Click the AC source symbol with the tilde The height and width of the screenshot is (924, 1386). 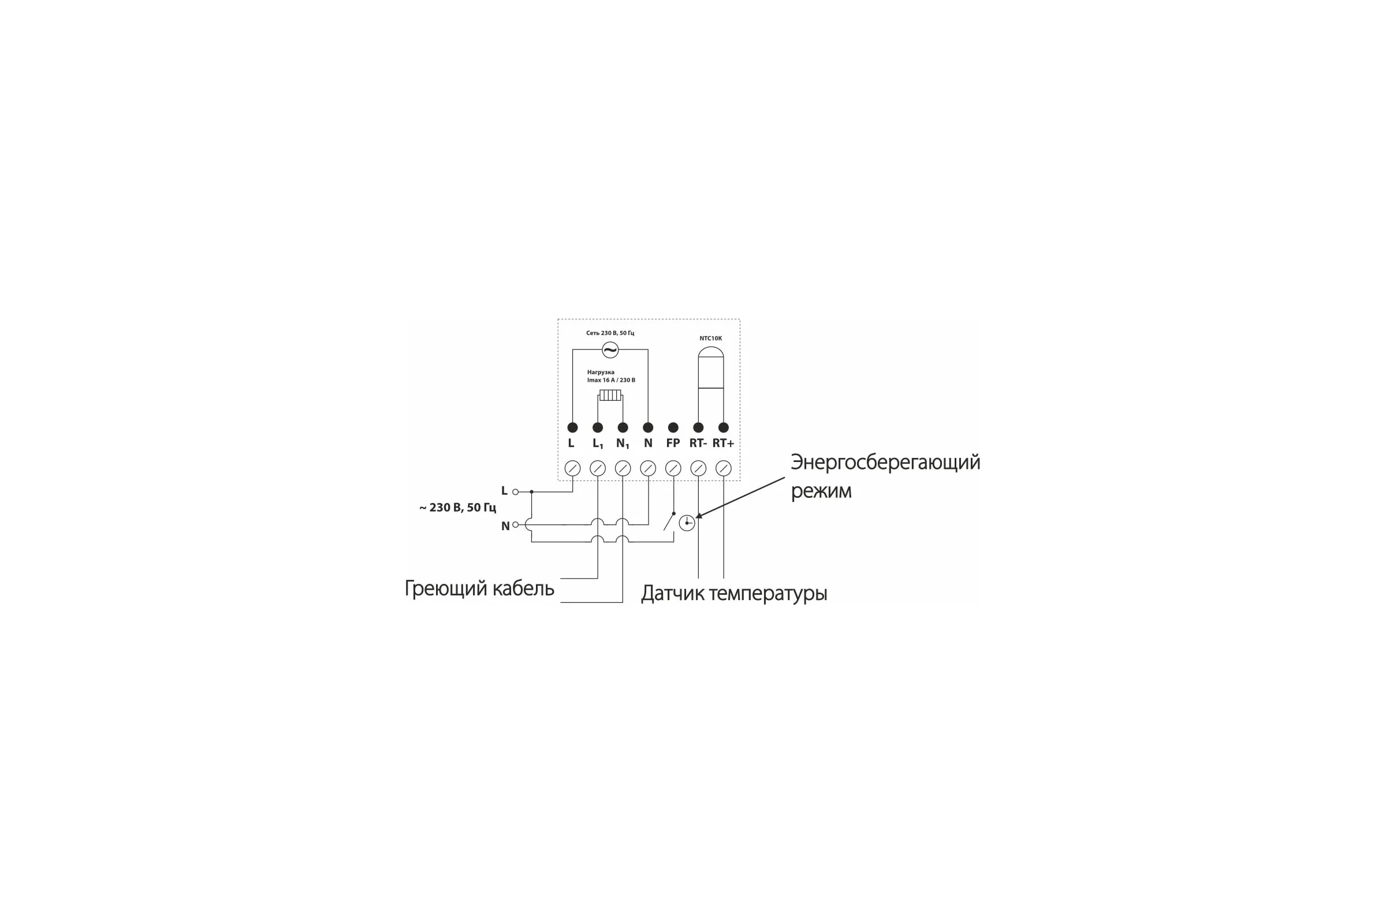click(x=610, y=349)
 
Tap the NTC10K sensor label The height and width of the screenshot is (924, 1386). click(x=710, y=338)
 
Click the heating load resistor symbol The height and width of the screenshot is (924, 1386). click(x=610, y=395)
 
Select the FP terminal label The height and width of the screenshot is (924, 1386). click(x=672, y=443)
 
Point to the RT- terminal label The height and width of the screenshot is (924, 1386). click(x=698, y=443)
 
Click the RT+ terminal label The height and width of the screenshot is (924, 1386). click(x=723, y=443)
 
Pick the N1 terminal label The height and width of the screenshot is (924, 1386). click(x=623, y=444)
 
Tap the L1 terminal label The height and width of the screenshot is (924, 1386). click(x=598, y=444)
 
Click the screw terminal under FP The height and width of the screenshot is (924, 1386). click(x=673, y=468)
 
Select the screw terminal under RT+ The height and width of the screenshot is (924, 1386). click(x=724, y=468)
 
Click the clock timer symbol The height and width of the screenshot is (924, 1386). click(x=687, y=523)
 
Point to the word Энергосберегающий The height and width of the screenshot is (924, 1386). click(x=885, y=463)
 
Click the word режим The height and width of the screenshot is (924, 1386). click(x=821, y=491)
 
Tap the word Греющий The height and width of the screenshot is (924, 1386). click(x=445, y=588)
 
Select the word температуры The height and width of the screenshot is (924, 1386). click(x=768, y=594)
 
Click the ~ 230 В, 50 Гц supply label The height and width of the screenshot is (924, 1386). click(x=458, y=508)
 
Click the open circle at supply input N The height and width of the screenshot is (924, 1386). click(x=516, y=524)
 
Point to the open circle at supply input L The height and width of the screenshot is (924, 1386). click(x=516, y=491)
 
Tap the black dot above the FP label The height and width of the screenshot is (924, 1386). click(x=673, y=427)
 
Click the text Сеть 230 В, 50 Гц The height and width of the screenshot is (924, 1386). click(x=610, y=333)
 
